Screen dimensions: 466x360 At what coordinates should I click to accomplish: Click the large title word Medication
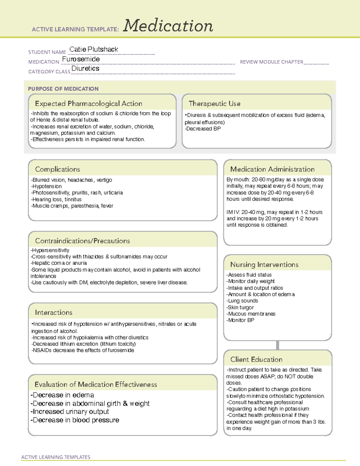[168, 26]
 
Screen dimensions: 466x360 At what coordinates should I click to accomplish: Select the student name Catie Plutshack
[94, 50]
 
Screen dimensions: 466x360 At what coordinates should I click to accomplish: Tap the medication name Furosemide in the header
[81, 59]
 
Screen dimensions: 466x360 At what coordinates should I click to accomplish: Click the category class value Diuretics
[85, 69]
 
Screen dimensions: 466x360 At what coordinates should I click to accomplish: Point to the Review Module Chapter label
[271, 62]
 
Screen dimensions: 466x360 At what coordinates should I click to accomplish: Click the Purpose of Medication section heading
[63, 89]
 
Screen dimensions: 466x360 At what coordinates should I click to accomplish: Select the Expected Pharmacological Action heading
[88, 104]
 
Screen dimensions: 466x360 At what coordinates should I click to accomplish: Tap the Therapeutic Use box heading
[214, 104]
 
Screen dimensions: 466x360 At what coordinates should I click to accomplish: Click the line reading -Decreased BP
[203, 129]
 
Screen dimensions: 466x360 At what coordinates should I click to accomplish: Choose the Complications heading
[57, 170]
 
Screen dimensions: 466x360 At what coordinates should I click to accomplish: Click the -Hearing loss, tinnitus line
[56, 200]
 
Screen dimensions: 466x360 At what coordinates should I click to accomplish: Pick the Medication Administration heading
[272, 170]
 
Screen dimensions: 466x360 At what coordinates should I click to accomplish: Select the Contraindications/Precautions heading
[82, 241]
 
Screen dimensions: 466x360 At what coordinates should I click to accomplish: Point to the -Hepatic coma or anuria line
[58, 263]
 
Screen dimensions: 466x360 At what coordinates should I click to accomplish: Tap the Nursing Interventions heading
[264, 265]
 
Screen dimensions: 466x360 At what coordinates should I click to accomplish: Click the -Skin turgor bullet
[240, 308]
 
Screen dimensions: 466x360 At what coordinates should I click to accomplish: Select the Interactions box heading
[53, 313]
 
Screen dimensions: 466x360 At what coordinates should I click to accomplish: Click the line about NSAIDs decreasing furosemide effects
[83, 350]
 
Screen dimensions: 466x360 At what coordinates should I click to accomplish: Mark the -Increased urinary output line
[70, 412]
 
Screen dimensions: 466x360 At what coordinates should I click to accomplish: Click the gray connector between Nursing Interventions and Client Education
[277, 345]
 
